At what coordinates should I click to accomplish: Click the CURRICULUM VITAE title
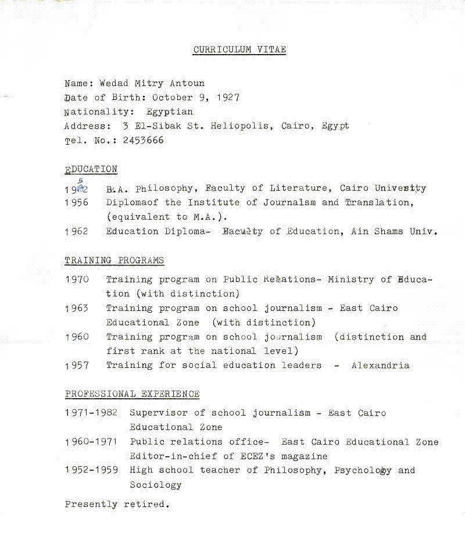click(239, 50)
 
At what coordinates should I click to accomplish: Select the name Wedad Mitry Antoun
click(152, 83)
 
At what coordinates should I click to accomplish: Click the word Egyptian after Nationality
click(170, 112)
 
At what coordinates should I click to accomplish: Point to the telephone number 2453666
click(143, 140)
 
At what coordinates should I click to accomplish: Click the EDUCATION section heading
click(91, 169)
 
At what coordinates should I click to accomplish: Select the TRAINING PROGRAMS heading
click(114, 260)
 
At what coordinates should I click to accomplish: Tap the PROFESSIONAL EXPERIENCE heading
click(132, 394)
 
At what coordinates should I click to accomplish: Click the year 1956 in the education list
click(76, 203)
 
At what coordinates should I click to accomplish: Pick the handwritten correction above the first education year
click(80, 181)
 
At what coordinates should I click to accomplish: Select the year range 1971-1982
click(91, 413)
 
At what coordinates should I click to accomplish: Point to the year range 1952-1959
click(91, 470)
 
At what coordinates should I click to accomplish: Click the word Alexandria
click(380, 366)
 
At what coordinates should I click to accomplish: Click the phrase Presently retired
click(117, 505)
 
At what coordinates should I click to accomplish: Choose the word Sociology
click(155, 485)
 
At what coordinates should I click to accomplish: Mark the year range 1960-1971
click(91, 442)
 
